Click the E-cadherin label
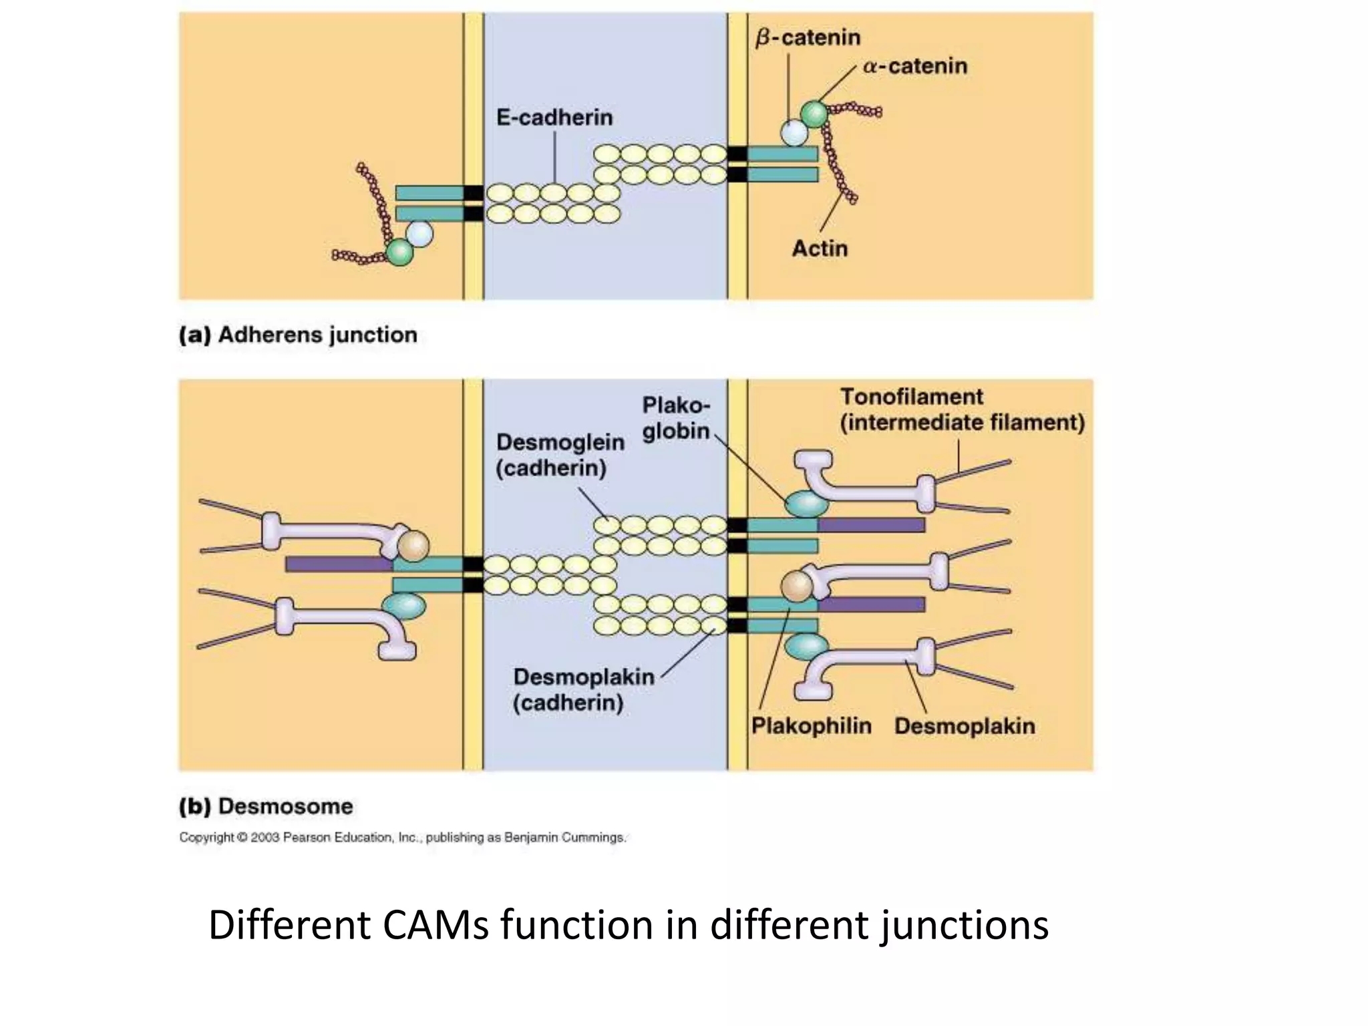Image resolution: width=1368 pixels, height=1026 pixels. click(x=554, y=118)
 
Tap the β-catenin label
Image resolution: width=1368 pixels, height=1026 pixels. click(x=807, y=37)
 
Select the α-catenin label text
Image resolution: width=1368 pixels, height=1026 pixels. click(x=914, y=66)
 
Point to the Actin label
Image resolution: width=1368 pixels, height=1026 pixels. click(x=820, y=248)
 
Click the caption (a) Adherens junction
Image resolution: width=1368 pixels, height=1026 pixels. click(x=298, y=334)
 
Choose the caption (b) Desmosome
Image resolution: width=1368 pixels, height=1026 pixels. click(x=266, y=806)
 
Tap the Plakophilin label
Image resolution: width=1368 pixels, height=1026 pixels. click(x=811, y=725)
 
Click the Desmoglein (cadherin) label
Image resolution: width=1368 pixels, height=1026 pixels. click(x=560, y=454)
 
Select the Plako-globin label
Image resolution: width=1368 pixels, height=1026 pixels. click(x=675, y=417)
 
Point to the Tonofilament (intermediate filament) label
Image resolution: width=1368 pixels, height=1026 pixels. click(x=961, y=409)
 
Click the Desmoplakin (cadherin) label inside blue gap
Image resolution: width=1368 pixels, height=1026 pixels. click(x=583, y=689)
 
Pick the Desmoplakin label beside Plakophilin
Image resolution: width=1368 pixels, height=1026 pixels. click(x=964, y=725)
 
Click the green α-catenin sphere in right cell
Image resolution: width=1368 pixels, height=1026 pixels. click(x=814, y=114)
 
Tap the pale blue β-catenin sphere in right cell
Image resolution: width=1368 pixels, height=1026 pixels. click(x=794, y=132)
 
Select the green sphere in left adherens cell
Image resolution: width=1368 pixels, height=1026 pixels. click(x=400, y=252)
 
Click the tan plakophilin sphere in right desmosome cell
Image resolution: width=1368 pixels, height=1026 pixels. click(x=796, y=586)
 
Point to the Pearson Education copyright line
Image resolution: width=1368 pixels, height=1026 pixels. click(x=402, y=837)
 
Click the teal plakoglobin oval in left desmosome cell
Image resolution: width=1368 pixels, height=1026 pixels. click(x=403, y=607)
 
